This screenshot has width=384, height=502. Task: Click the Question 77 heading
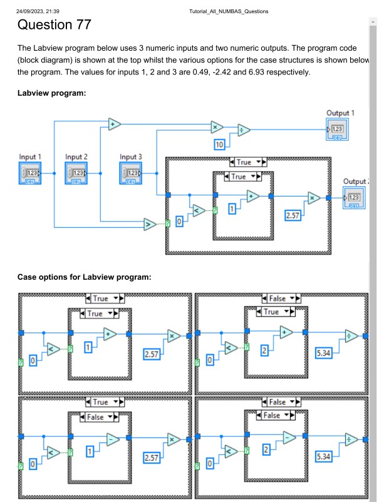54,25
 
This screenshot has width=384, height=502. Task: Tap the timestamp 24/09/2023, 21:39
38,11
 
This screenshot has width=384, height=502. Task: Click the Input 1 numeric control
31,172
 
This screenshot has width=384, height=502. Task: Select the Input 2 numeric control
77,172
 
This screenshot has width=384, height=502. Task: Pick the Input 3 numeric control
132,172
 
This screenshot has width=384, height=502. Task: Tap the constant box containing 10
219,145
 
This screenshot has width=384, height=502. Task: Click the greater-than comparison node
150,224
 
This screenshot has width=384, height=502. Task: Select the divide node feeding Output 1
244,130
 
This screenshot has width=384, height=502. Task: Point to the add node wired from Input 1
115,123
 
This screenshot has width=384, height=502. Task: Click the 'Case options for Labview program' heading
84,276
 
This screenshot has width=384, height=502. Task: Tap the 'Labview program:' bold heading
51,93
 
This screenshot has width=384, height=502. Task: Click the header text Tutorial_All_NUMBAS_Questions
229,11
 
